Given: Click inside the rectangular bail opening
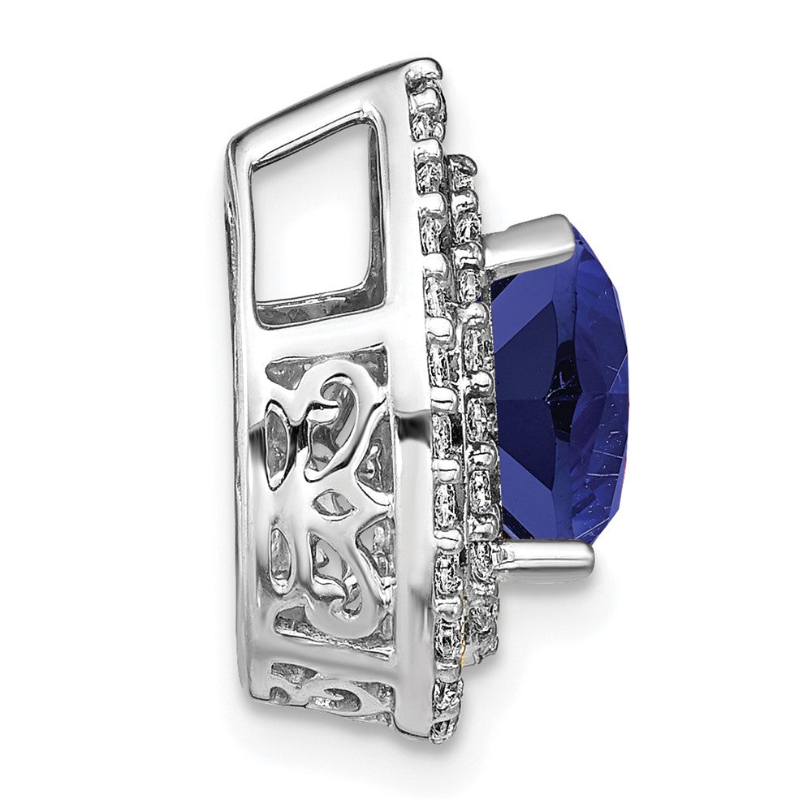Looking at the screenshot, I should point(313,219).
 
